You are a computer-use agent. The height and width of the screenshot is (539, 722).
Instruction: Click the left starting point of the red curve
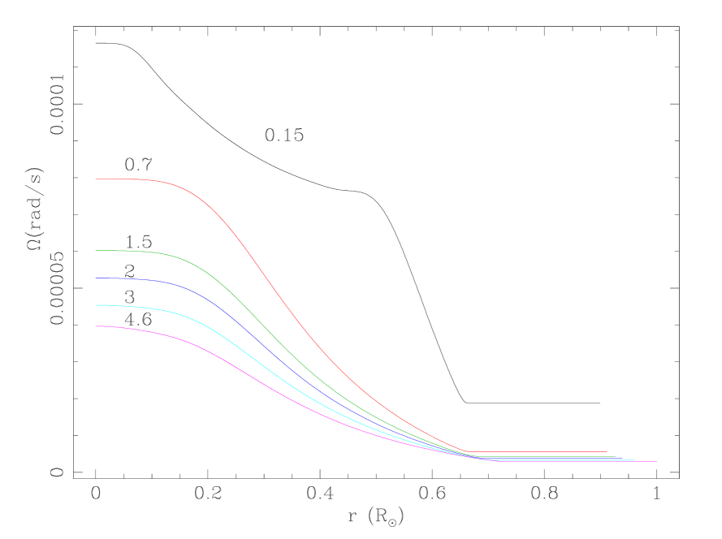(96, 179)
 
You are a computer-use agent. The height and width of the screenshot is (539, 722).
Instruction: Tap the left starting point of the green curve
(96, 250)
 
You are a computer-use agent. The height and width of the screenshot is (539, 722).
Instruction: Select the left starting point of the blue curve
(96, 278)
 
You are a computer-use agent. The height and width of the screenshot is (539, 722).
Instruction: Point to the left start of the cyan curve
(96, 305)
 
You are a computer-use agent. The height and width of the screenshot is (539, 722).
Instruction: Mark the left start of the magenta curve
(96, 326)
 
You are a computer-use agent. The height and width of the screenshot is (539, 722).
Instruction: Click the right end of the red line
(607, 451)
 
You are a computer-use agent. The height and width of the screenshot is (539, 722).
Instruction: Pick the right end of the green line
(616, 456)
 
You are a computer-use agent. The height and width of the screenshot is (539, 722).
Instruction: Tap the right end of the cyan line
(634, 460)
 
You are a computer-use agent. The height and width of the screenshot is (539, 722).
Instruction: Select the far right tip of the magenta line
(656, 462)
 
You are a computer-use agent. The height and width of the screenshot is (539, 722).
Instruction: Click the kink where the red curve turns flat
(468, 451)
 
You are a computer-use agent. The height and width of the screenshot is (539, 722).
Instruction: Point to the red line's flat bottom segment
(536, 451)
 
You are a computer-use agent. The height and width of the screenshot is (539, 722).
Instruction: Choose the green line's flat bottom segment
(552, 456)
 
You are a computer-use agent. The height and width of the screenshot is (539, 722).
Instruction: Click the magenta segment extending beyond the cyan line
(646, 462)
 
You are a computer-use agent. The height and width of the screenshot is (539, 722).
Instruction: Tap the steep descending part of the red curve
(276, 291)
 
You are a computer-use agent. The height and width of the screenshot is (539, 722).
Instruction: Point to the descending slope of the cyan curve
(268, 365)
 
